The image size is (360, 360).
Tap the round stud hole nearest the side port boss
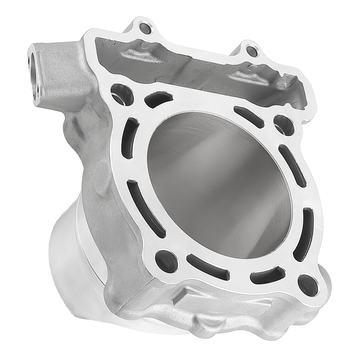click(121, 94)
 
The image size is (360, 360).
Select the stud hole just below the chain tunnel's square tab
click(283, 124)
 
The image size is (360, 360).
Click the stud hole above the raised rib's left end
click(166, 260)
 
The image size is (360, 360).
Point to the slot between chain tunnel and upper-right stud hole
click(249, 117)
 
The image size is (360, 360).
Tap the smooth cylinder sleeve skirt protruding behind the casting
click(72, 259)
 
